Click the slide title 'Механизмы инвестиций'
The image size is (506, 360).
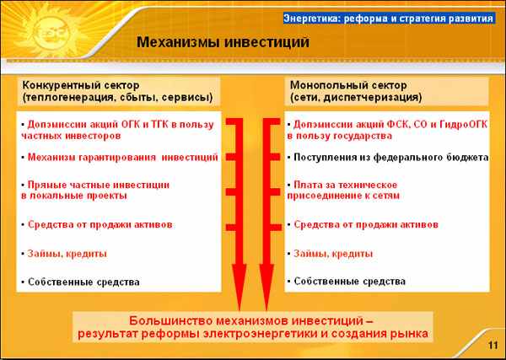coord(223,42)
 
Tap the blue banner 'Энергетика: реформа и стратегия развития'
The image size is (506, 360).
coord(389,18)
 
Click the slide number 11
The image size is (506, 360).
coord(493,345)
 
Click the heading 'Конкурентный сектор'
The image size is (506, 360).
coord(81,85)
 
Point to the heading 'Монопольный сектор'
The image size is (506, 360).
coord(348,85)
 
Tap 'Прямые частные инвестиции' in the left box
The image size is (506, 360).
coord(99,185)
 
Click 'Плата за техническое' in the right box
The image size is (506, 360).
coord(345,185)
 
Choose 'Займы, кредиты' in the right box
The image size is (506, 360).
coord(333,254)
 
